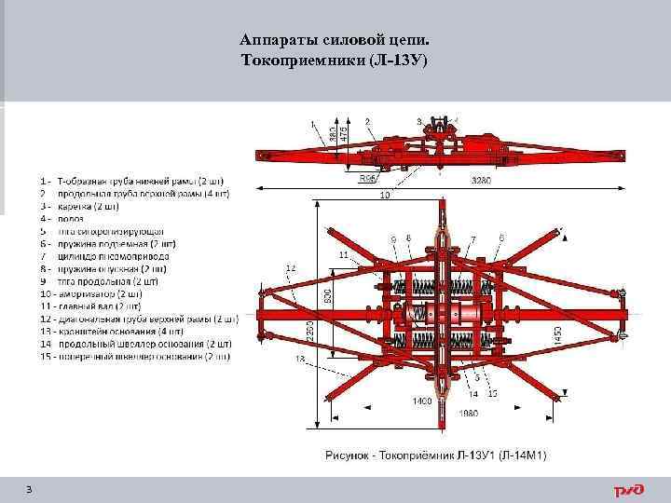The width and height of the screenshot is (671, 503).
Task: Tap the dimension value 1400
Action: [x=422, y=401]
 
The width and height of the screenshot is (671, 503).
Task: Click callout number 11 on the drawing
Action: [x=343, y=253]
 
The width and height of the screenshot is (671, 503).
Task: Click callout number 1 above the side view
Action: [x=312, y=121]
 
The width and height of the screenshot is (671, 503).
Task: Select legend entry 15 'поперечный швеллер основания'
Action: [x=136, y=356]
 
